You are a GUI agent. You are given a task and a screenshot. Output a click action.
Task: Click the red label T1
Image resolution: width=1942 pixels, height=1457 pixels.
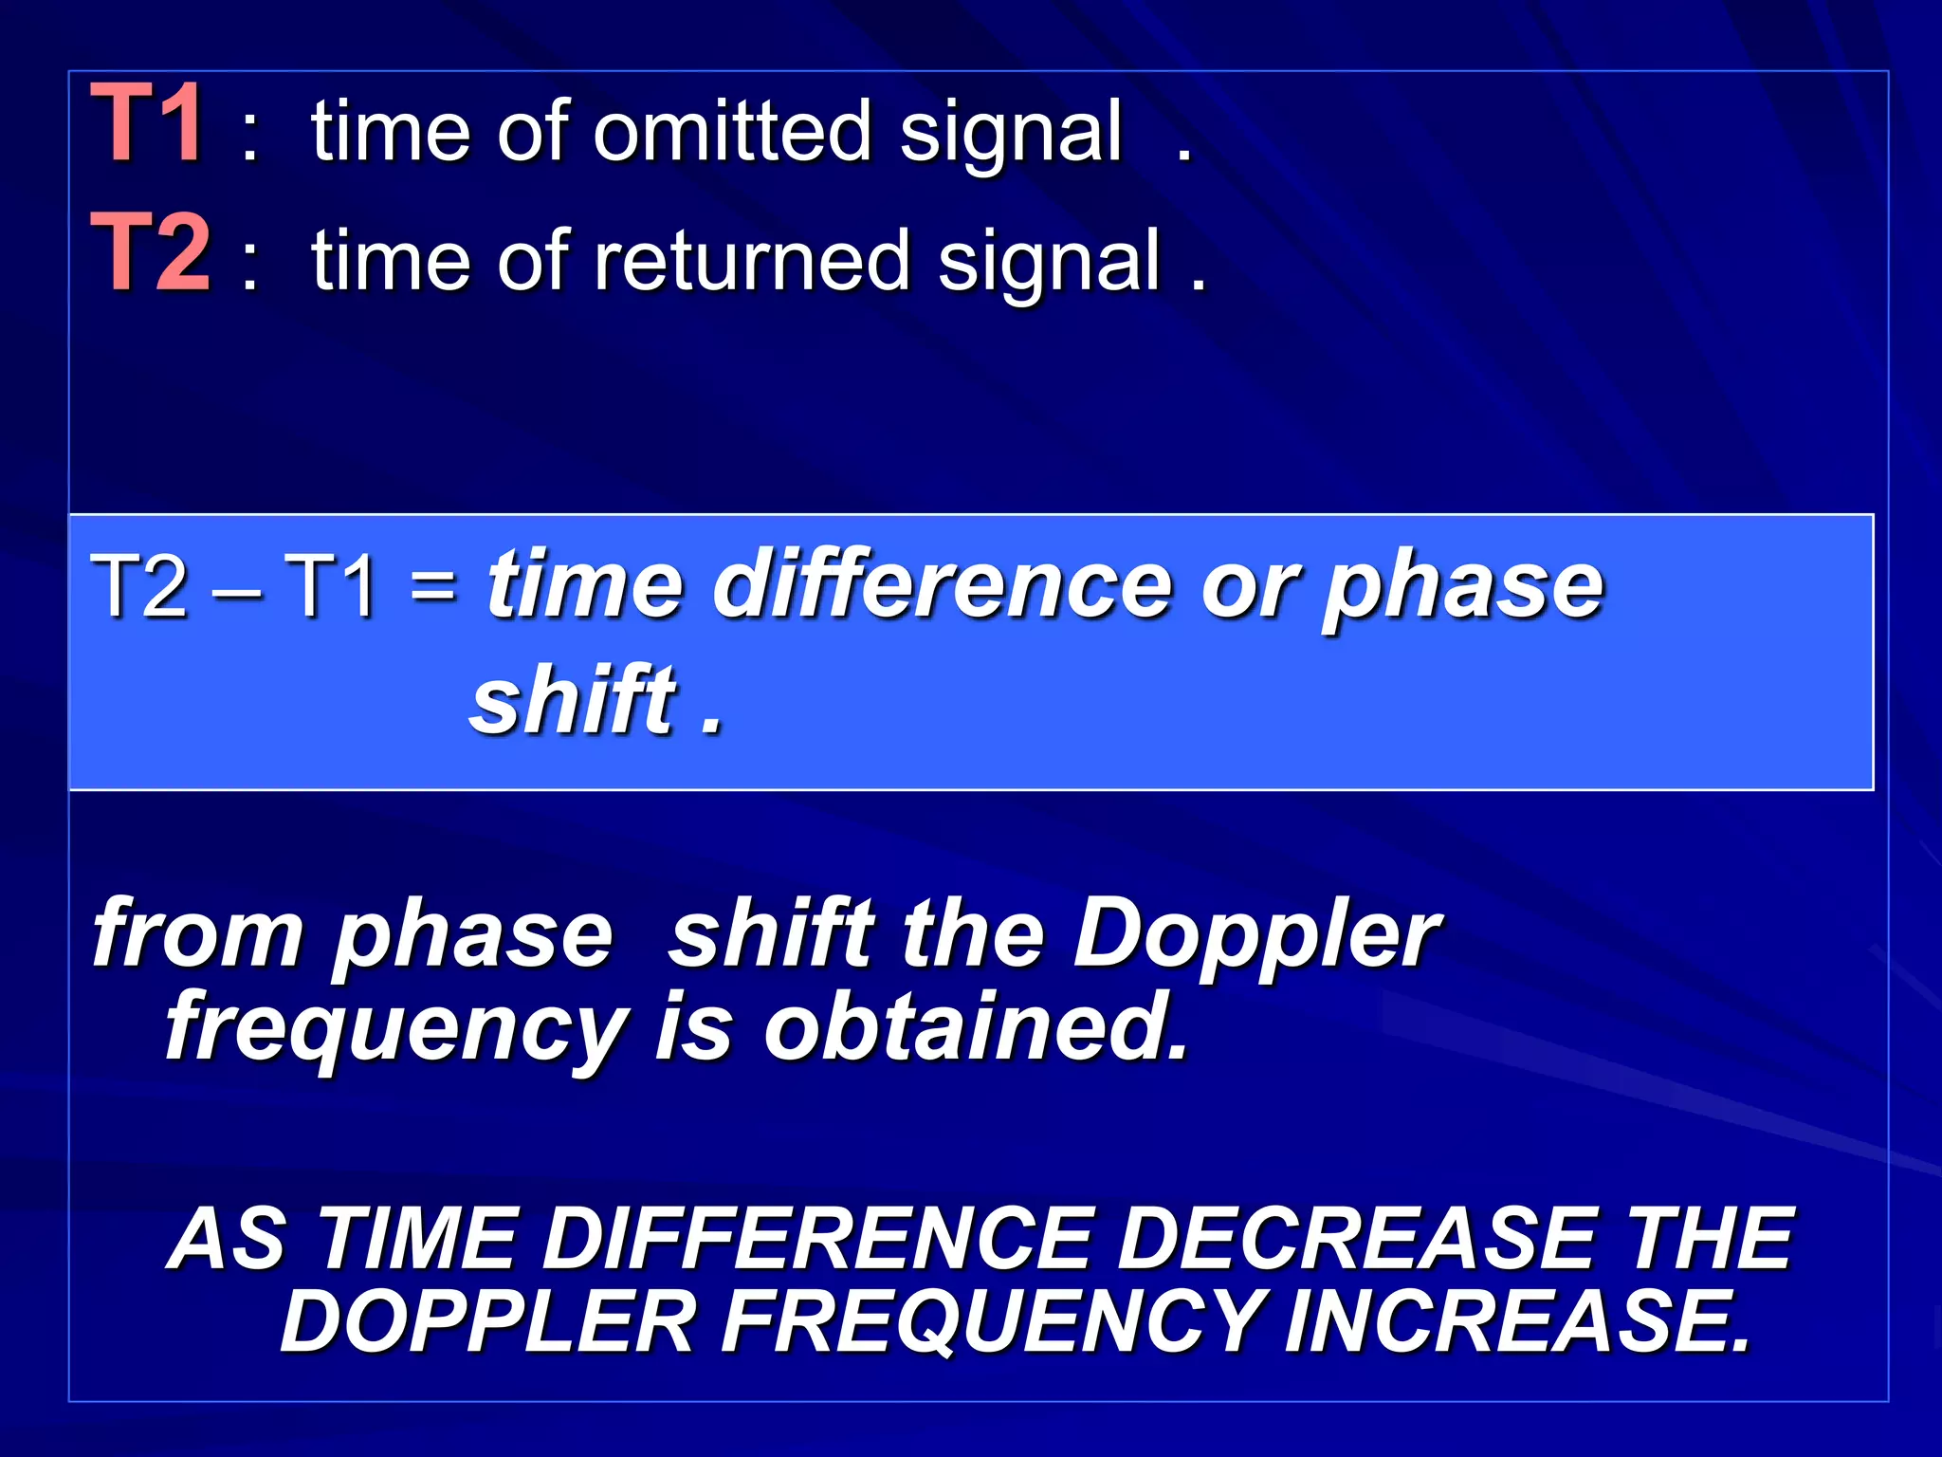click(x=146, y=123)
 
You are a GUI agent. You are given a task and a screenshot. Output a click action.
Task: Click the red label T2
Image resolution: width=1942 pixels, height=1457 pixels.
click(x=151, y=252)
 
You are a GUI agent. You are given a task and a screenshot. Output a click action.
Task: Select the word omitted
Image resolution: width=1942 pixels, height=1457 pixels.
click(x=731, y=131)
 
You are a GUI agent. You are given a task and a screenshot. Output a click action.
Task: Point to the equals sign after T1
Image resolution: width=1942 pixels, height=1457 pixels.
click(x=433, y=585)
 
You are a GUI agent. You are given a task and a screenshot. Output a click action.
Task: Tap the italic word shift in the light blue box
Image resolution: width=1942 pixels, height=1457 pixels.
click(x=575, y=702)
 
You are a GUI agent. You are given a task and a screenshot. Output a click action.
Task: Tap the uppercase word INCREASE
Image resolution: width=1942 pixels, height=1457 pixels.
click(x=1516, y=1322)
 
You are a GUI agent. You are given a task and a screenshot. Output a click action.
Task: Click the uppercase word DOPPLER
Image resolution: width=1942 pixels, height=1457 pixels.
click(x=487, y=1322)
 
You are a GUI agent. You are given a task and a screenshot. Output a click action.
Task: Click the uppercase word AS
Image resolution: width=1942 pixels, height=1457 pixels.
click(x=228, y=1239)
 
